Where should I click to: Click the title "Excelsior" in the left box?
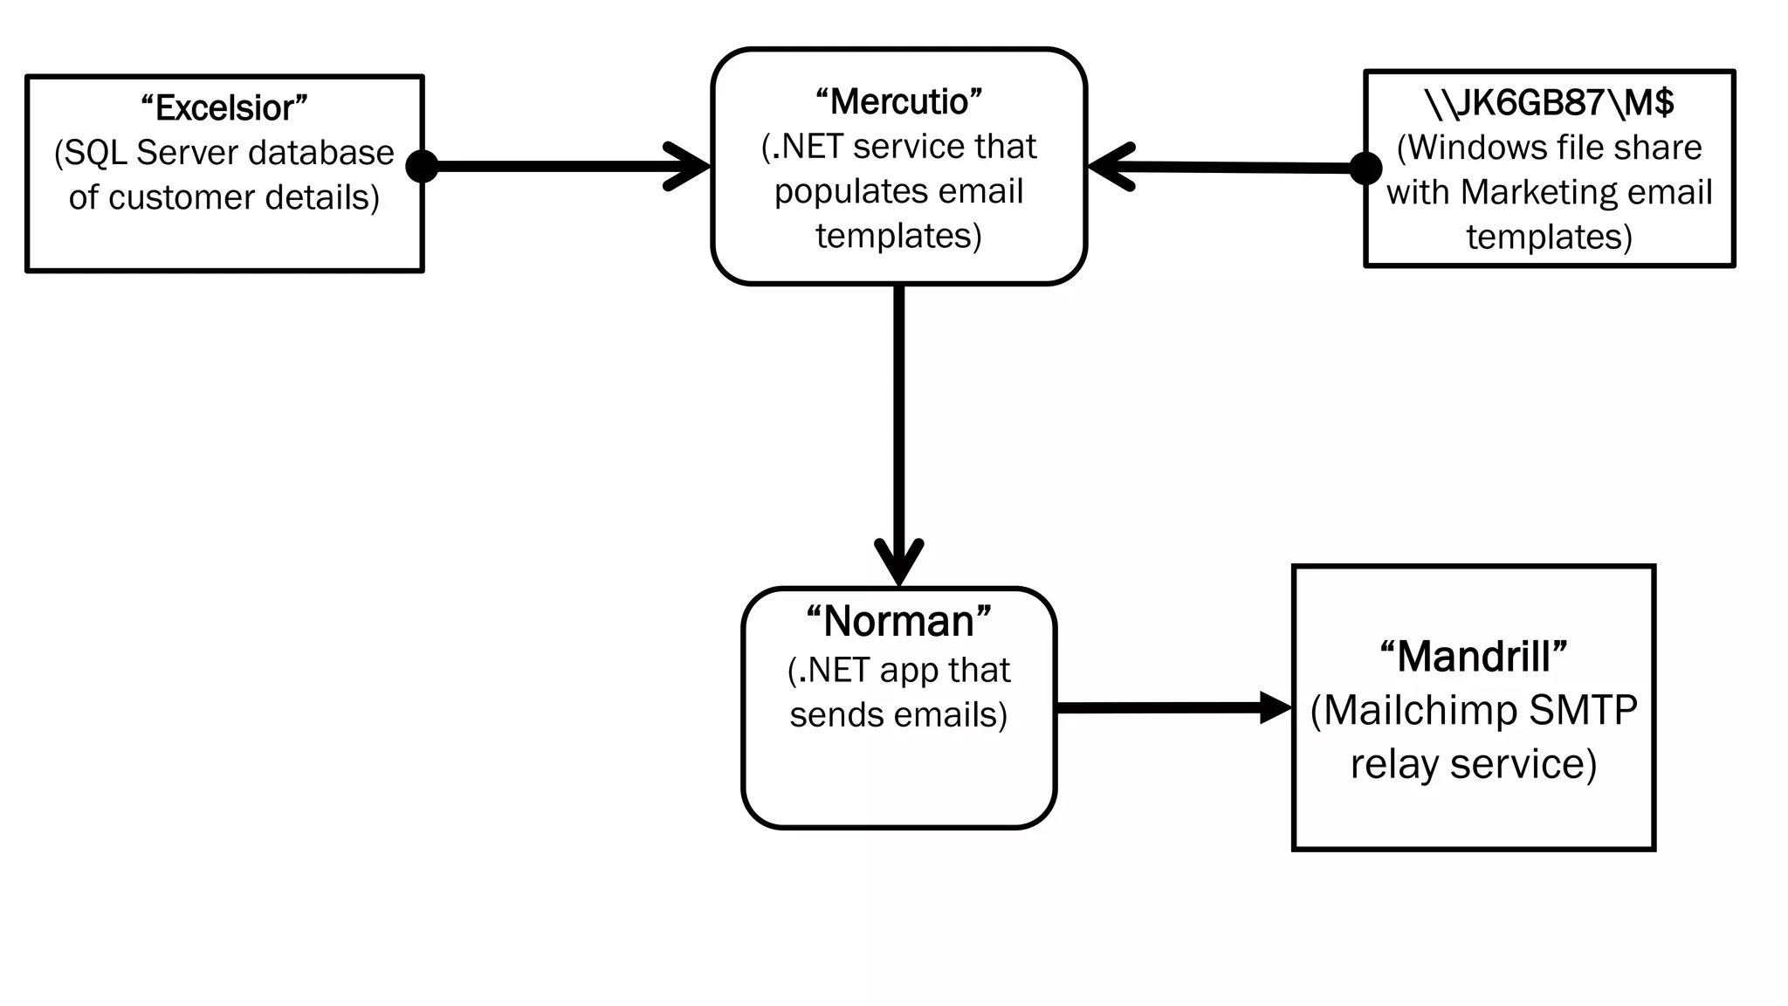[224, 108]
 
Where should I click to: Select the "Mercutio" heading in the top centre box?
[898, 102]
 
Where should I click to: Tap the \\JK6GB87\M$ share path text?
[1549, 103]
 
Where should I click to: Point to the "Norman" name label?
[898, 622]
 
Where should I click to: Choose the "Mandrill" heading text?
[1474, 657]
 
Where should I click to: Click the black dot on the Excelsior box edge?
[423, 166]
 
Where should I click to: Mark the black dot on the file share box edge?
[1365, 168]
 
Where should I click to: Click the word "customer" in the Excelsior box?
[182, 197]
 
